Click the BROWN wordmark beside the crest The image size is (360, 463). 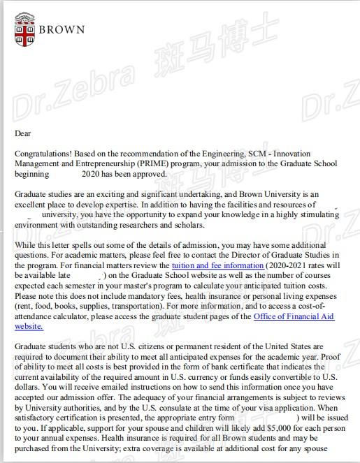click(62, 30)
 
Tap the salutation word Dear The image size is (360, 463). click(23, 133)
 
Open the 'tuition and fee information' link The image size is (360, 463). click(218, 266)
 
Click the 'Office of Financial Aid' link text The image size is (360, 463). click(294, 316)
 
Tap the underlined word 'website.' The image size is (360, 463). click(29, 326)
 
